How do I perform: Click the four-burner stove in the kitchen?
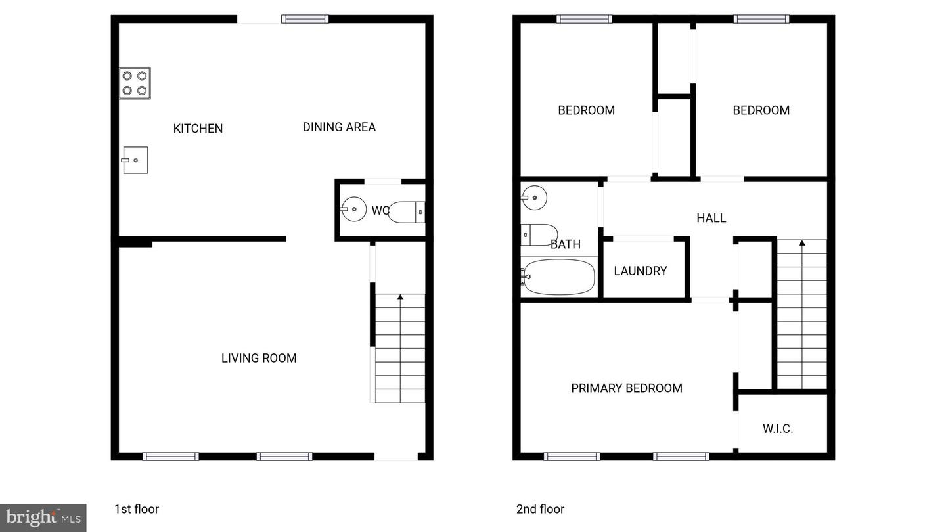(x=135, y=83)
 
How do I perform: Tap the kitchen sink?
(x=135, y=160)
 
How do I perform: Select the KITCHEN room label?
(x=198, y=129)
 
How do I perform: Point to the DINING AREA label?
(x=339, y=127)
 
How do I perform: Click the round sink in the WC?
(x=354, y=210)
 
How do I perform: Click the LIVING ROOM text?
(x=259, y=358)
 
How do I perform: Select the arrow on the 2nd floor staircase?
(x=801, y=244)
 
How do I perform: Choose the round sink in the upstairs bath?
(x=534, y=196)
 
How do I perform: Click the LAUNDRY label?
(x=641, y=271)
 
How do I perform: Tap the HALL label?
(x=711, y=218)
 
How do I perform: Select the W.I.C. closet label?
(x=778, y=429)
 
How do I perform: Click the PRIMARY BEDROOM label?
(x=627, y=388)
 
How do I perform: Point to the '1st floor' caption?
(x=137, y=509)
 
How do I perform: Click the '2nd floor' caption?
(x=540, y=509)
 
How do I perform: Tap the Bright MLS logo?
(x=43, y=518)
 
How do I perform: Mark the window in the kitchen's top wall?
(x=305, y=19)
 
